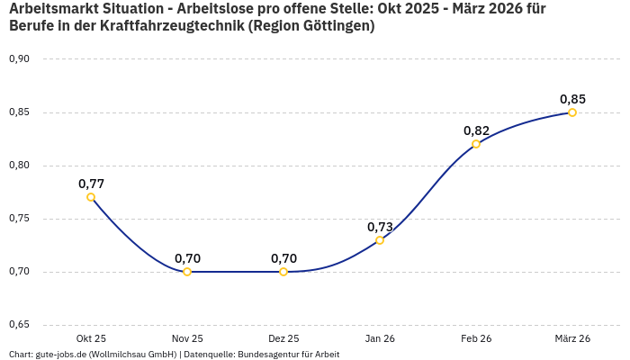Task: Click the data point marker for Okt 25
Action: tap(91, 197)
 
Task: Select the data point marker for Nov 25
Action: tap(187, 272)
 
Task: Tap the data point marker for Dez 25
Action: tap(283, 272)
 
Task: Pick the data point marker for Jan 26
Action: tap(380, 239)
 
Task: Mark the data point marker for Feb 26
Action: tap(476, 144)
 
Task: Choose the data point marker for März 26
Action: tap(572, 112)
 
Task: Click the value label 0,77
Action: tap(91, 184)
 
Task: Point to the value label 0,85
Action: tap(572, 99)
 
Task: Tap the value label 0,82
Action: tap(476, 130)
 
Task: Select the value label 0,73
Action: tap(380, 227)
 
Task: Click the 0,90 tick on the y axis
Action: tap(19, 59)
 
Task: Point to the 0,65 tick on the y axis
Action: tap(19, 325)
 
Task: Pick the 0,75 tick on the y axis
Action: tap(19, 219)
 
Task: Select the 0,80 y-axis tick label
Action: tap(19, 166)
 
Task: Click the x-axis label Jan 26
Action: tap(380, 338)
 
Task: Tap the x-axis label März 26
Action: tap(572, 338)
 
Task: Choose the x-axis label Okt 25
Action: tap(91, 338)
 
